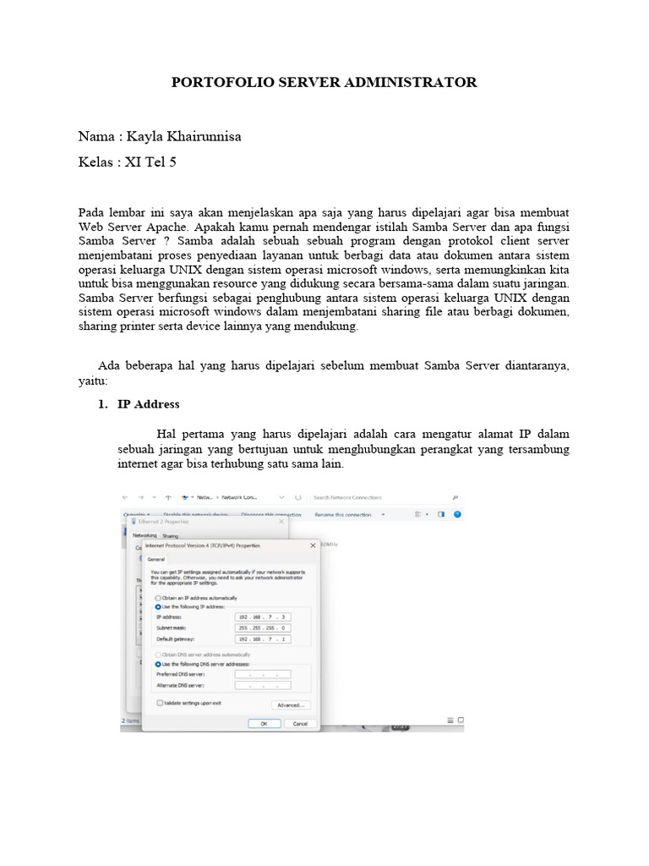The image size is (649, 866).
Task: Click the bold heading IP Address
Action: click(148, 404)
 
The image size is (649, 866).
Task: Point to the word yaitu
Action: click(92, 381)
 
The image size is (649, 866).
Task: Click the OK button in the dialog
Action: click(264, 724)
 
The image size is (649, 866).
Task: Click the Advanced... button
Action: click(290, 704)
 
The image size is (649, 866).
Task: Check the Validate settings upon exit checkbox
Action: click(159, 703)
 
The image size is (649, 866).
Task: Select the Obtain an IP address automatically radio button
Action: click(158, 598)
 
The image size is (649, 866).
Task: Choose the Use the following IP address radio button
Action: click(158, 606)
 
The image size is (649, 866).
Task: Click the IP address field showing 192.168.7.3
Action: click(263, 617)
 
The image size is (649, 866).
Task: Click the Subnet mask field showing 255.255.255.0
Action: click(263, 628)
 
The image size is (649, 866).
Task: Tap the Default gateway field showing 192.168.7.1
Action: click(263, 639)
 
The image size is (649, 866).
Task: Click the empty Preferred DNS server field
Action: click(263, 674)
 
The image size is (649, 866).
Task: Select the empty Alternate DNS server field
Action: click(263, 685)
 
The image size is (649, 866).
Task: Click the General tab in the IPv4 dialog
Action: click(156, 559)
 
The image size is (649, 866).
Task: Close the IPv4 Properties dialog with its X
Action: click(314, 545)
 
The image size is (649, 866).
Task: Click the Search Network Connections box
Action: click(380, 497)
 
